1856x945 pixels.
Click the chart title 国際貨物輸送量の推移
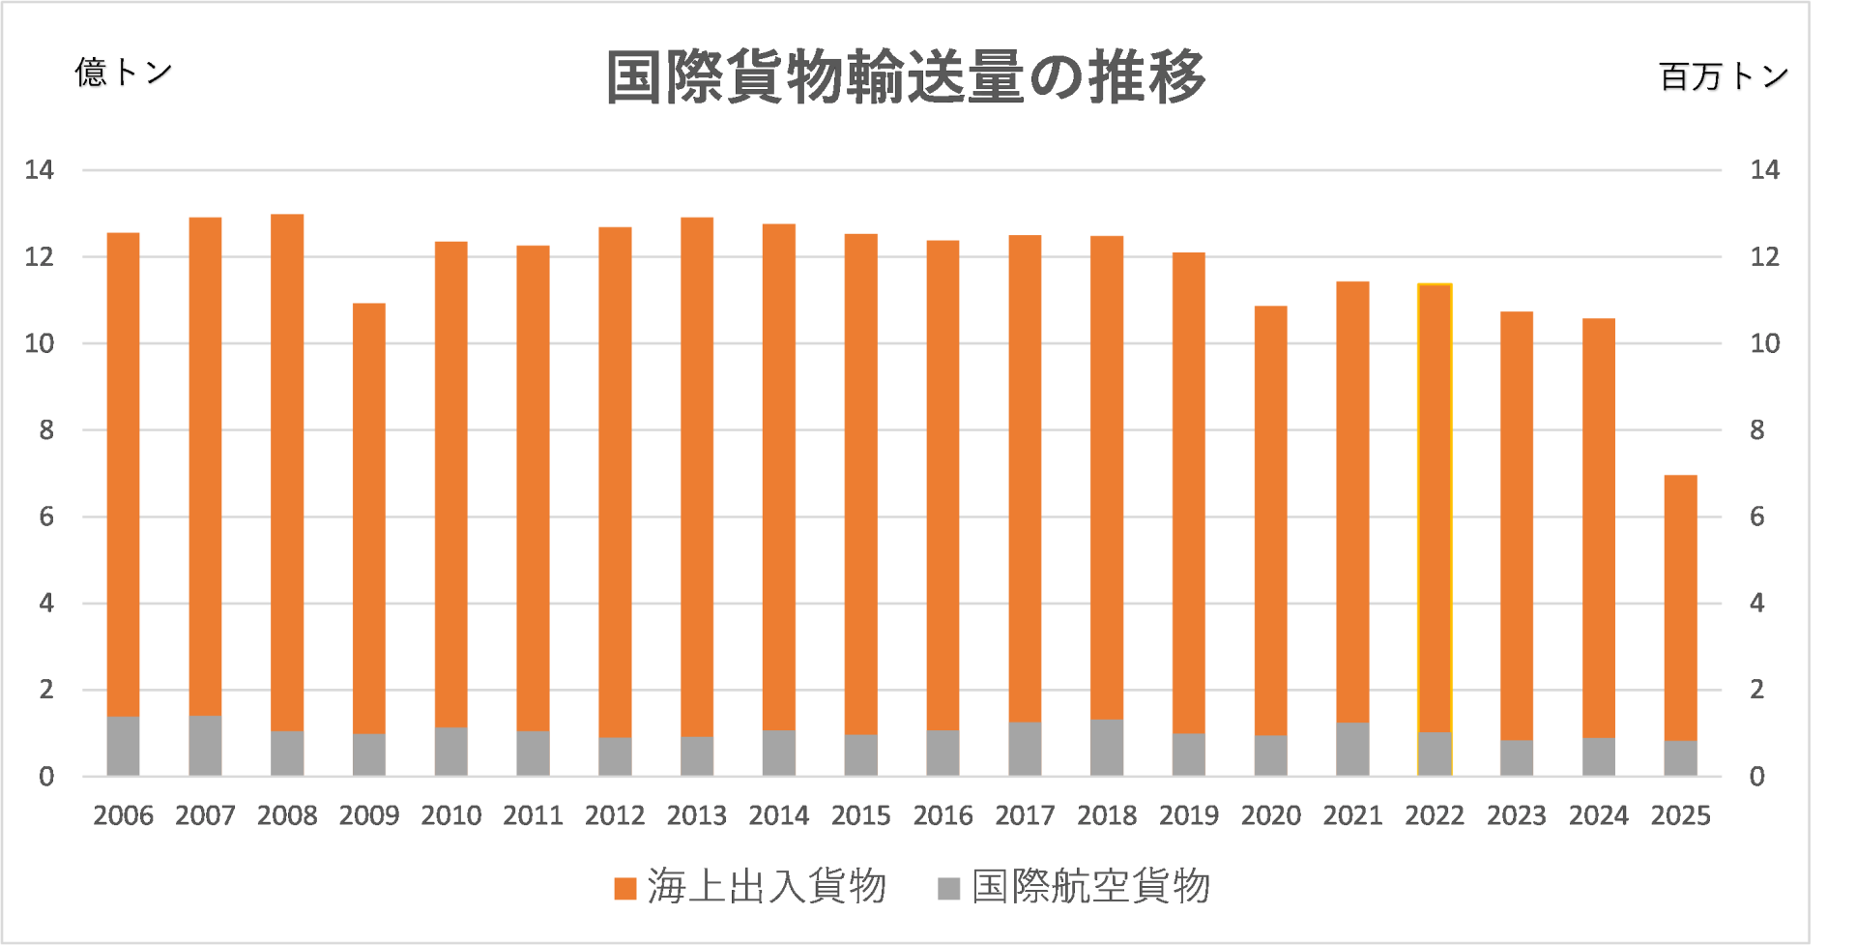906,76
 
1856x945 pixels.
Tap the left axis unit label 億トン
124,72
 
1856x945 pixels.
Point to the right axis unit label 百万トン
1724,75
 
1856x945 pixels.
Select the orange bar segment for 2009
369,517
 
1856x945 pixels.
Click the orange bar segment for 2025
1680,607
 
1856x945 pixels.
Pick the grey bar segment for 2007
205,745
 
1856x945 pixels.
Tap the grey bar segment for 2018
1107,747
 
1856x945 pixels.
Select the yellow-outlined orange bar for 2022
1435,508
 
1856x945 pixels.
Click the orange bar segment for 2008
287,472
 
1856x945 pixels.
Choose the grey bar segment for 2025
1680,757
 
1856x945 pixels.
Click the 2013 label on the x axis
696,815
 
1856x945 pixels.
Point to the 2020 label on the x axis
1270,815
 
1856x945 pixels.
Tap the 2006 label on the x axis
123,815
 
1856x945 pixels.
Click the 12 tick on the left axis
40,256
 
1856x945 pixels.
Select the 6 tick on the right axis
1756,517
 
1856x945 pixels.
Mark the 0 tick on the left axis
46,776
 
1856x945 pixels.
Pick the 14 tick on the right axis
1764,170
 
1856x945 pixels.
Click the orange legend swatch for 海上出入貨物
625,888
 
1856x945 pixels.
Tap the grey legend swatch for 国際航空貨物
948,888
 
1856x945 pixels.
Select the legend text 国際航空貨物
1090,886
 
